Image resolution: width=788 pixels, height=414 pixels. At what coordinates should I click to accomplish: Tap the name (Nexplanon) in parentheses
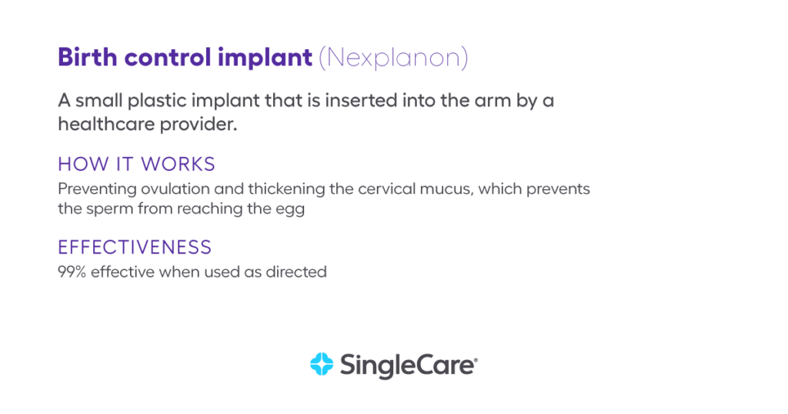pos(393,58)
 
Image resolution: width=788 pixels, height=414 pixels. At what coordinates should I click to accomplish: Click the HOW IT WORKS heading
pos(136,165)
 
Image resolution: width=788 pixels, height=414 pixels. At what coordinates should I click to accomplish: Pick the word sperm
pos(106,209)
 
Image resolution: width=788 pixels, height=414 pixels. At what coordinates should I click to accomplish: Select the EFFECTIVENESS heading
pos(134,248)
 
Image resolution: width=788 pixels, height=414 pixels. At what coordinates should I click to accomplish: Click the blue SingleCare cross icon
pos(321,364)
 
